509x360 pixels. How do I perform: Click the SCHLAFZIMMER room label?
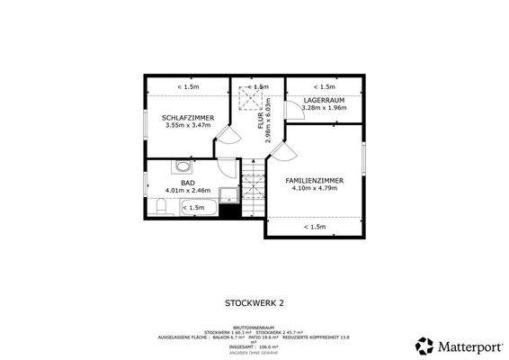[x=188, y=118]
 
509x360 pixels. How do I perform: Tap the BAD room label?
[x=187, y=183]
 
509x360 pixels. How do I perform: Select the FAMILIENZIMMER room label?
[x=314, y=181]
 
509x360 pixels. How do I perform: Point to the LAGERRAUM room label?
[x=324, y=101]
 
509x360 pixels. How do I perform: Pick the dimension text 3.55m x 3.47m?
[x=188, y=126]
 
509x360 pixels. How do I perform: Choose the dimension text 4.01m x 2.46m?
[x=187, y=191]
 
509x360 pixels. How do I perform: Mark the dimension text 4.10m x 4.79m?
[x=314, y=189]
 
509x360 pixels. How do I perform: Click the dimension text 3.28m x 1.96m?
[x=324, y=109]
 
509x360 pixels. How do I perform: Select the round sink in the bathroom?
[x=183, y=167]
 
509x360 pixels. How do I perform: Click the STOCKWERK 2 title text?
[x=254, y=305]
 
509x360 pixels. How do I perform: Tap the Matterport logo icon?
[x=422, y=345]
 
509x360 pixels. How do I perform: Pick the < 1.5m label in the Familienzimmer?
[x=314, y=227]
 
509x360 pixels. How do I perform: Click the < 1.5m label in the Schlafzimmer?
[x=188, y=86]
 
